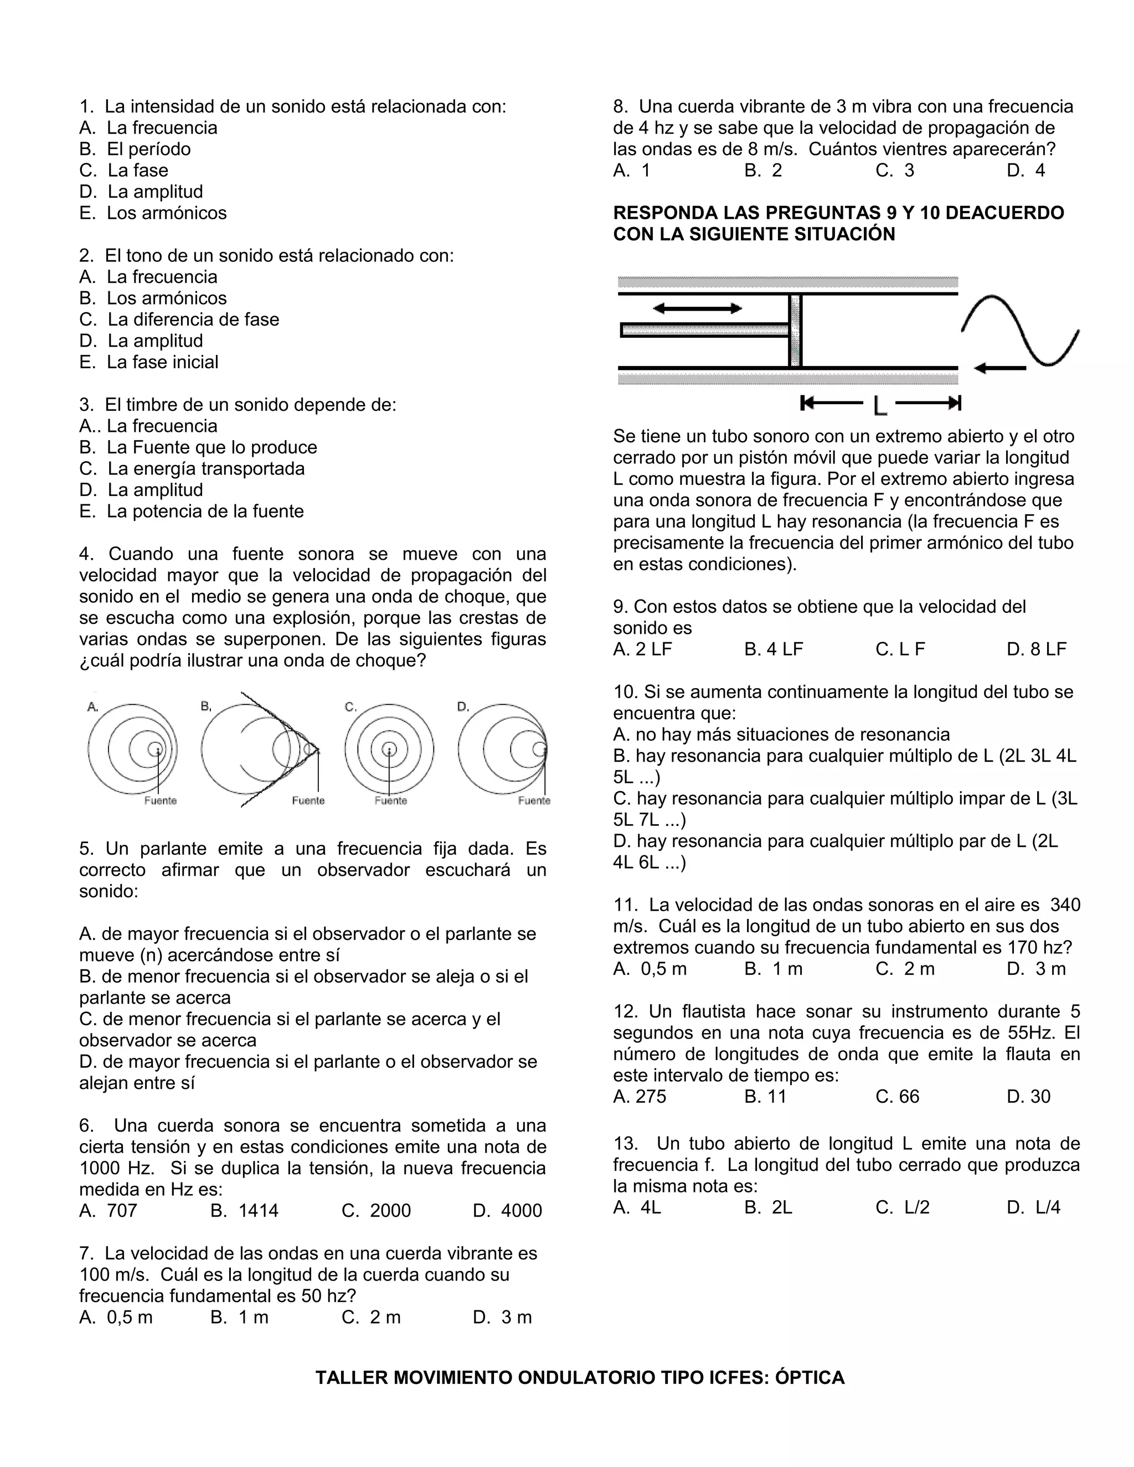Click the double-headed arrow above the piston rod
[x=697, y=308]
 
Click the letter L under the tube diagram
[x=880, y=405]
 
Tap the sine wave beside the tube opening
[x=1020, y=330]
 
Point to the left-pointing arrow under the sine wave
[x=999, y=368]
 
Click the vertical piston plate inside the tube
[x=796, y=330]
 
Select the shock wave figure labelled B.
[x=259, y=749]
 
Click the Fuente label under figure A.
[x=161, y=800]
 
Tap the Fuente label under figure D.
[x=534, y=800]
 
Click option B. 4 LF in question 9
[x=773, y=649]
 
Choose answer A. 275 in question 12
[x=640, y=1097]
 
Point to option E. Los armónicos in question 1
[x=153, y=213]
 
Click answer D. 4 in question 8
[x=1026, y=171]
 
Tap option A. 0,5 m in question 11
[x=650, y=969]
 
